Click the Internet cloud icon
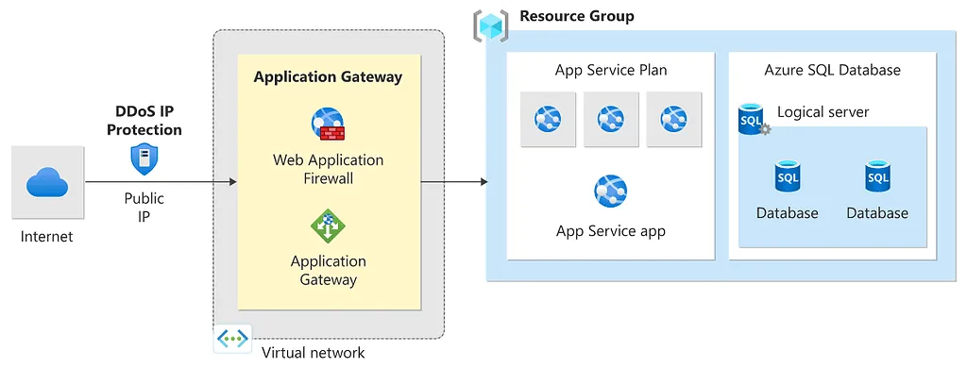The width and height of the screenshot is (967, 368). pos(45,182)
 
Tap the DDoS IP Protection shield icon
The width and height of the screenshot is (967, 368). pos(144,158)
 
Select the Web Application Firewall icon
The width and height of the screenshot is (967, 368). pos(328,125)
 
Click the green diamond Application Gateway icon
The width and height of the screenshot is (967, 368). pos(328,226)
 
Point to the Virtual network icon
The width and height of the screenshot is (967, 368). pos(232,339)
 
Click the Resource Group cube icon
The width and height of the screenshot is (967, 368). pos(490,25)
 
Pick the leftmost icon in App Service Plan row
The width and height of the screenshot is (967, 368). pos(548,119)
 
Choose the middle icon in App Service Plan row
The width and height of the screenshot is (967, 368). pos(611,119)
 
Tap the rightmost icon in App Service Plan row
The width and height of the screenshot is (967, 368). pos(673,119)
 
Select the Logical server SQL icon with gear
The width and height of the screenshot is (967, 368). pos(753,120)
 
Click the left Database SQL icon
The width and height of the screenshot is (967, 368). pos(787,176)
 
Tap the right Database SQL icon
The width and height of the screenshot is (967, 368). pos(877,176)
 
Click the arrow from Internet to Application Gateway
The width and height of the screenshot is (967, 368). pos(161,182)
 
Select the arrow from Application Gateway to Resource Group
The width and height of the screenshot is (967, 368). pos(453,182)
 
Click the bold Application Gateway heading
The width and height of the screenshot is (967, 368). pos(328,77)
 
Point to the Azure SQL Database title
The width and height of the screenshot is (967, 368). pos(832,71)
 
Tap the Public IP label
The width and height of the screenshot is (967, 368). pos(144,207)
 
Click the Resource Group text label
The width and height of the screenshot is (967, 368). pos(576,16)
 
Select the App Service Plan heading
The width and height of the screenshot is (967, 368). pos(611,71)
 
